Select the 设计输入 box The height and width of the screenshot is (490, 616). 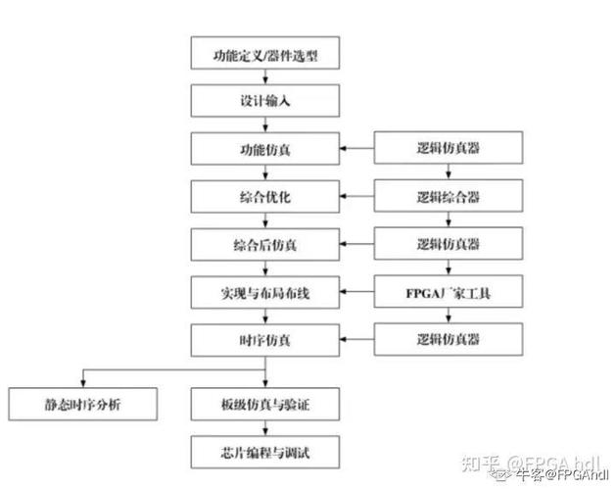pyautogui.click(x=265, y=102)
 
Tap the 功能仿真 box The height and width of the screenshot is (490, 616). pyautogui.click(x=265, y=150)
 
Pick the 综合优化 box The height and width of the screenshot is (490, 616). pyautogui.click(x=265, y=197)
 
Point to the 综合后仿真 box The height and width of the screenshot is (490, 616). pyautogui.click(x=265, y=244)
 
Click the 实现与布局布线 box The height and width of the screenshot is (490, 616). pyautogui.click(x=265, y=292)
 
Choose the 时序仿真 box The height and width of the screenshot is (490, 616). pyautogui.click(x=265, y=339)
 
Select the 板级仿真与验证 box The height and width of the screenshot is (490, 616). pyautogui.click(x=265, y=404)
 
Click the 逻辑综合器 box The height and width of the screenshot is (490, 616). pyautogui.click(x=449, y=197)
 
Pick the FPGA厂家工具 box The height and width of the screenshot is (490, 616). pyautogui.click(x=449, y=292)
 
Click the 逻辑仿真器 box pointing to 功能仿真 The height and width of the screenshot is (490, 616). pyautogui.click(x=449, y=150)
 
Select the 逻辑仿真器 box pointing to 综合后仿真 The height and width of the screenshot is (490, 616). pyautogui.click(x=449, y=244)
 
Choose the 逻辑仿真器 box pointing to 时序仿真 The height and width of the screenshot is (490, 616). pyautogui.click(x=449, y=339)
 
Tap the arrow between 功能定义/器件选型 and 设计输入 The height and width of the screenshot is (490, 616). pyautogui.click(x=265, y=79)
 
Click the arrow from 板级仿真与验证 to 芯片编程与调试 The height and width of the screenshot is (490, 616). pyautogui.click(x=265, y=428)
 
